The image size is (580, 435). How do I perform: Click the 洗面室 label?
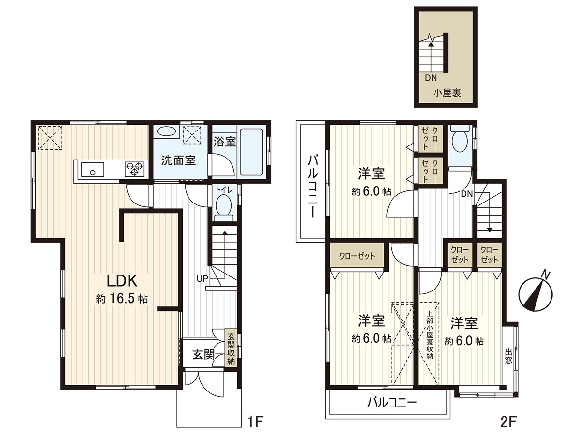click(x=178, y=160)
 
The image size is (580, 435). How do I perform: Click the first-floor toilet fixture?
click(x=224, y=205)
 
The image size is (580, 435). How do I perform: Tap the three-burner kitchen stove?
click(x=135, y=169)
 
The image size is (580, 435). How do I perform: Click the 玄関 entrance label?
click(x=203, y=354)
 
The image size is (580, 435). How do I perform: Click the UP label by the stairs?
click(x=203, y=279)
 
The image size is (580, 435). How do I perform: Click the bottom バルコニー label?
click(x=391, y=402)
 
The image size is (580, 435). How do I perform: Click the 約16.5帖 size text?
click(x=122, y=299)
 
